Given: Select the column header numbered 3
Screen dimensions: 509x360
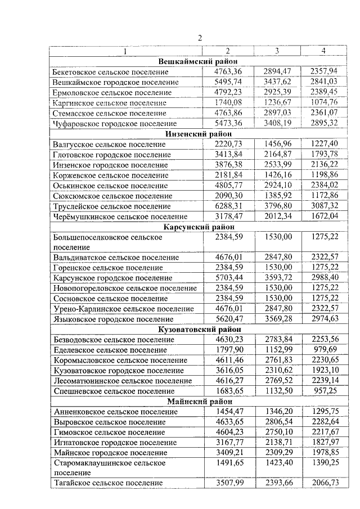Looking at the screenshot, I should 276,51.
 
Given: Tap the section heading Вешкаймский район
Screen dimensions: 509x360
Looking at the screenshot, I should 197,61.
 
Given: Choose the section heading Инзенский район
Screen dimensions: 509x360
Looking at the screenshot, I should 197,133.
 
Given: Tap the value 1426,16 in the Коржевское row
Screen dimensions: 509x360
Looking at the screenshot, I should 276,175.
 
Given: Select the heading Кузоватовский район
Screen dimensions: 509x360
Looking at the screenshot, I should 199,329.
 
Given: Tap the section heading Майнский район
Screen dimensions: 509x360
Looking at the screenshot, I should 197,401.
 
